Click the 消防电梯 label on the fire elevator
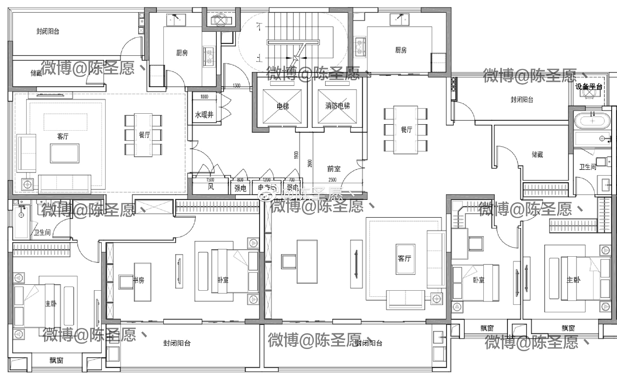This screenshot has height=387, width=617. point(337,106)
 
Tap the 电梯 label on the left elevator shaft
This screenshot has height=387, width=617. point(283,107)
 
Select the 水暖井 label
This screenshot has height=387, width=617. point(204,115)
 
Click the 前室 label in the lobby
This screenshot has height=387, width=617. point(333,169)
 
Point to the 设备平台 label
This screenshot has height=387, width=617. point(589,87)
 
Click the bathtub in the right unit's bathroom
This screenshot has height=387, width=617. point(592,121)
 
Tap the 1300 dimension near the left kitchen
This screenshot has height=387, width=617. point(236,86)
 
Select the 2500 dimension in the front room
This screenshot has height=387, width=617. point(332,179)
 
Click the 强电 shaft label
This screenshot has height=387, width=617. point(240,188)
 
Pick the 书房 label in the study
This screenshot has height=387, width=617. point(139,280)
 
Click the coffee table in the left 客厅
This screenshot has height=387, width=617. point(65,154)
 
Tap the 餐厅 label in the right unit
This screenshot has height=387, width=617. point(406,129)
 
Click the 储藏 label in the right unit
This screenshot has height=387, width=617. point(537,154)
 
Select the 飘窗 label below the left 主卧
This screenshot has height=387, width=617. point(56,360)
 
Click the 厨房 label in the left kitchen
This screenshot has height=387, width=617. point(182,53)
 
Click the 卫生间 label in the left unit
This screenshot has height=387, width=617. point(42,232)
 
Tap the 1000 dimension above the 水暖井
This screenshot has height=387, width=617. point(204,97)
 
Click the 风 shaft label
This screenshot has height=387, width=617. point(211,187)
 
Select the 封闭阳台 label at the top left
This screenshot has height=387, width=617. point(48,31)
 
